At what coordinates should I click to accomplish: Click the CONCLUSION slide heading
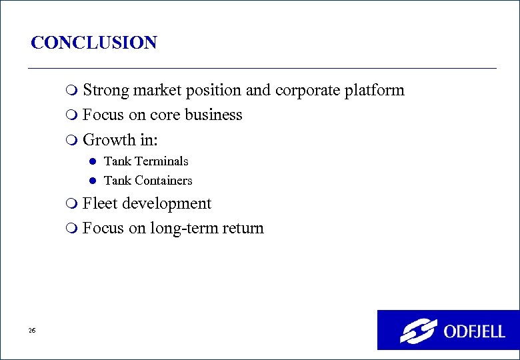click(x=94, y=43)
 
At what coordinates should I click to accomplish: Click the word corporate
click(x=307, y=91)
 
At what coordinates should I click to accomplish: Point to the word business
click(x=213, y=115)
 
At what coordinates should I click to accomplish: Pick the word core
click(x=165, y=115)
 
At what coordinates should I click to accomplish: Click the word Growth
click(x=108, y=139)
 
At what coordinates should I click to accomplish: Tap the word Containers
click(x=163, y=181)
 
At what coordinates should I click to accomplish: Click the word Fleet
click(x=101, y=204)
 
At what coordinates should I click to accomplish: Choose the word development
click(x=167, y=204)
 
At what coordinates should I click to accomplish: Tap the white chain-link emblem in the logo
click(x=418, y=331)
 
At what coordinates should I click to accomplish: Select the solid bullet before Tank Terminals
click(x=93, y=161)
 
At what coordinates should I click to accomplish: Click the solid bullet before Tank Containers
click(x=93, y=181)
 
